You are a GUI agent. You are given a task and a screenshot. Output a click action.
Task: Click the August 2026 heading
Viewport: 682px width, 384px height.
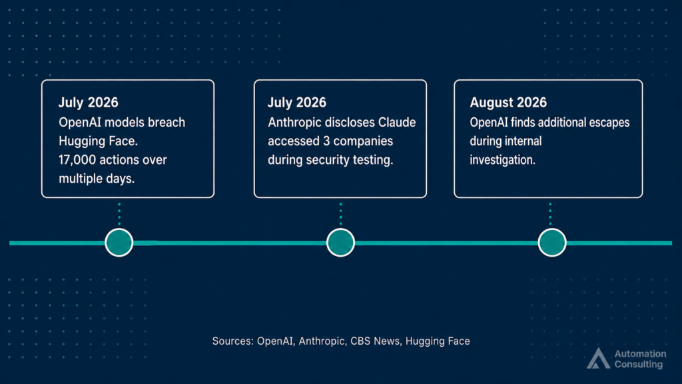tap(508, 102)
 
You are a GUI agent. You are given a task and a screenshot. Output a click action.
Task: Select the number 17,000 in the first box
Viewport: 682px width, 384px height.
tap(77, 160)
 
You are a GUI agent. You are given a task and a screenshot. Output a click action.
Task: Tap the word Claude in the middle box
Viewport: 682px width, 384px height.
tap(397, 123)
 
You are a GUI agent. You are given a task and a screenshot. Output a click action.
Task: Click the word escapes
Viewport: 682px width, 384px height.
tap(609, 123)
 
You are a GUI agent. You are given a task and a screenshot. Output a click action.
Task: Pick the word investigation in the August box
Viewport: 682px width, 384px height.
tap(502, 160)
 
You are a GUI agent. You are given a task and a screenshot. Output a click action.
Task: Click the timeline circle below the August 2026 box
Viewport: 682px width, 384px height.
tap(552, 243)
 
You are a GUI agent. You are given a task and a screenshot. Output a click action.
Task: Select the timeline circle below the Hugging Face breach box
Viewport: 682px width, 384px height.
tap(119, 243)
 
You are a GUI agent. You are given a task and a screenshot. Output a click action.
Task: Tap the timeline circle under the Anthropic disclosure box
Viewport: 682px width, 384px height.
tap(340, 243)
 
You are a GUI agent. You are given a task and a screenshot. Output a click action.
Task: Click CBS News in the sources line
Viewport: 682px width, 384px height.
tap(375, 341)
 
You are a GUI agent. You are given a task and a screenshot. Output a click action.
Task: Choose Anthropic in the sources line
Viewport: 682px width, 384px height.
tap(322, 341)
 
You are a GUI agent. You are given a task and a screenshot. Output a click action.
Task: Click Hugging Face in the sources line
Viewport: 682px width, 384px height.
tap(438, 341)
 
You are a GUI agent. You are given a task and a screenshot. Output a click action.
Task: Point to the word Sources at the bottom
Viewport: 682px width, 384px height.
tap(232, 341)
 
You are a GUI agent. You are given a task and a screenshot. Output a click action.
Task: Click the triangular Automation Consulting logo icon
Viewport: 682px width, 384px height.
tap(599, 359)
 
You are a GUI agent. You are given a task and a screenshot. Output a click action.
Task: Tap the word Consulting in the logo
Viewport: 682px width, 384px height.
tap(639, 365)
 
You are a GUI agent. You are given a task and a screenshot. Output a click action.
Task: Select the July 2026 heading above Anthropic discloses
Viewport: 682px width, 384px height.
tap(296, 102)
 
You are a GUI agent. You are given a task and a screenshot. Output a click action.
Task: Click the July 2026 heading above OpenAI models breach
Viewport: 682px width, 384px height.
tap(89, 102)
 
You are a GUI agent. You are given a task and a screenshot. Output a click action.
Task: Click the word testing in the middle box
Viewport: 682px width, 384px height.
tap(373, 160)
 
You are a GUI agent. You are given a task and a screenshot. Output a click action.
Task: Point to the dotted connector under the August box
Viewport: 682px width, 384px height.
tap(550, 213)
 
